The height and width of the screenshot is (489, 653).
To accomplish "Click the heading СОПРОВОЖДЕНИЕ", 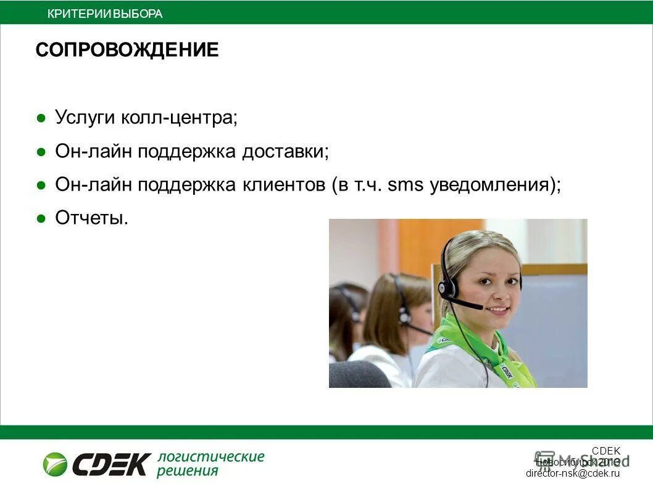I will point(127,50).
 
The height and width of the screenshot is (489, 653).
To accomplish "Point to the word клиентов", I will point(279,184).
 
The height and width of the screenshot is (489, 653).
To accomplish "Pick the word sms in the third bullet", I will point(406,184).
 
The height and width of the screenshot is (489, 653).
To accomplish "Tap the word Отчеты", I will point(91,218).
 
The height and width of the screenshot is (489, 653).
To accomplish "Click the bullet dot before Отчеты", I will point(41,218).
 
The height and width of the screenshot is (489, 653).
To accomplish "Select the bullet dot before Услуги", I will point(41,117).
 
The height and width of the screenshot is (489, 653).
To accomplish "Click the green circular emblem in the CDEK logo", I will point(55,464).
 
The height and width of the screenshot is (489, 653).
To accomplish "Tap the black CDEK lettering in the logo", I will point(112,464).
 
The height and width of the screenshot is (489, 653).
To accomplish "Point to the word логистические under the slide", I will point(210,457).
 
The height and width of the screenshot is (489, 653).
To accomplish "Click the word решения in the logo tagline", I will point(188,472).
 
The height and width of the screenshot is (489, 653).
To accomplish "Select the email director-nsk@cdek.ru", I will point(572,474).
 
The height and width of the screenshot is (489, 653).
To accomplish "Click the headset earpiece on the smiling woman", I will point(446,287).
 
